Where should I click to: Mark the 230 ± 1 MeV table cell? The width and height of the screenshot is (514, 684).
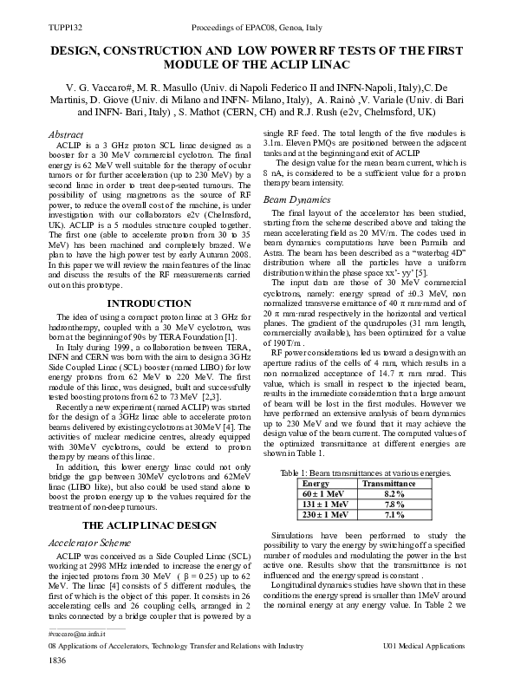point(314,513)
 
